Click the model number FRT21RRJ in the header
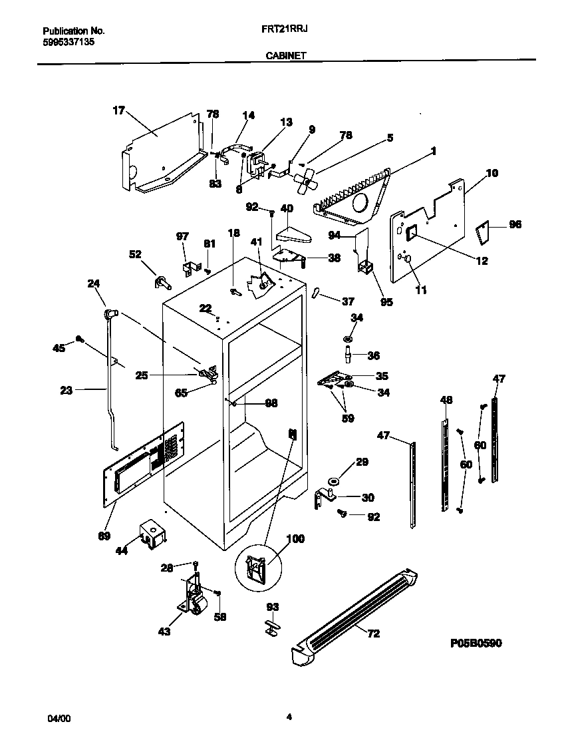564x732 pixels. (289, 31)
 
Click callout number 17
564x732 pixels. (118, 111)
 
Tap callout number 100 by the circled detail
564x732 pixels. (295, 538)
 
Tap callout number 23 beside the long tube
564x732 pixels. (66, 391)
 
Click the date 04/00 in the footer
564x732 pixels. (58, 719)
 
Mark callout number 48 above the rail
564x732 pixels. (446, 400)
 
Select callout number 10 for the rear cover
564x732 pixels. (492, 174)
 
